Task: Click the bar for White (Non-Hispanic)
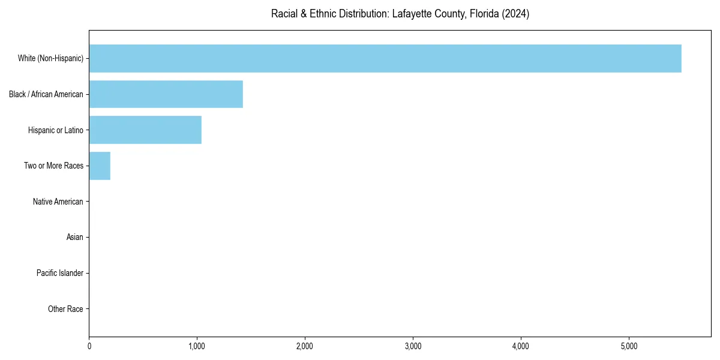[x=385, y=58]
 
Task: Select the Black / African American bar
[x=166, y=94]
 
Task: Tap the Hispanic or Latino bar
[x=145, y=130]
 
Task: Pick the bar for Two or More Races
[x=100, y=166]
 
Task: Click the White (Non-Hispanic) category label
[x=50, y=58]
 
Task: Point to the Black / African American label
[x=46, y=94]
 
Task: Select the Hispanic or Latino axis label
[x=56, y=130]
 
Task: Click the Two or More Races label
[x=53, y=166]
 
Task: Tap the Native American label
[x=58, y=202]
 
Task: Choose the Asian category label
[x=75, y=238]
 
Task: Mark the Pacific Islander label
[x=60, y=273]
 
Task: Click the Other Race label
[x=65, y=309]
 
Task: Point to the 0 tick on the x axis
[x=89, y=346]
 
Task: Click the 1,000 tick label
[x=197, y=346]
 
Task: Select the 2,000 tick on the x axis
[x=305, y=346]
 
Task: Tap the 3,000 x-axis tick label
[x=413, y=346]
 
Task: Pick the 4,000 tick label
[x=521, y=346]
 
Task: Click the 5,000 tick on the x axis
[x=629, y=346]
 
